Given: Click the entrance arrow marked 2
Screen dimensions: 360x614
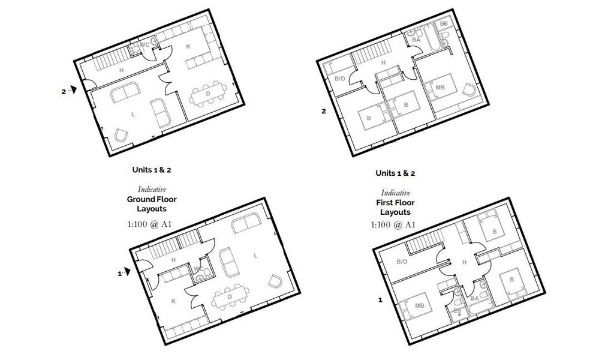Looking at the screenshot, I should pyautogui.click(x=73, y=90).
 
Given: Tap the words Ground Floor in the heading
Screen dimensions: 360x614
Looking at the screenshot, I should pyautogui.click(x=152, y=199).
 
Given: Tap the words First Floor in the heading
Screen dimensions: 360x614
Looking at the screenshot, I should pyautogui.click(x=395, y=203).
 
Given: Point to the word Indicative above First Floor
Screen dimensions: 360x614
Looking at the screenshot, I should pyautogui.click(x=395, y=193).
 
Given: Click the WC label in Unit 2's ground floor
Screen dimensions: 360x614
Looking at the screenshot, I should pyautogui.click(x=145, y=45).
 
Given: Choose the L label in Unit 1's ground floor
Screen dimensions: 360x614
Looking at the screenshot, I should pyautogui.click(x=256, y=256).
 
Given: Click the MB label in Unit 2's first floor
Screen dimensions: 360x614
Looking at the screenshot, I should pyautogui.click(x=440, y=88).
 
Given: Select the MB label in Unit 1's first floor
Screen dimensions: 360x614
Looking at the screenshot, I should pyautogui.click(x=420, y=304).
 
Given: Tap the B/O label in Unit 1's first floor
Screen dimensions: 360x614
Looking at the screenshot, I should pyautogui.click(x=402, y=262).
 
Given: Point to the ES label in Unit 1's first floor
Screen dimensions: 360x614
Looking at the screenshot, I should pyautogui.click(x=457, y=311).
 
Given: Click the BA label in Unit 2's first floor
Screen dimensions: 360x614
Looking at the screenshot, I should pyautogui.click(x=416, y=40).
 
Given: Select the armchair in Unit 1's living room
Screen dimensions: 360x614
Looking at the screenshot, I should pyautogui.click(x=275, y=281).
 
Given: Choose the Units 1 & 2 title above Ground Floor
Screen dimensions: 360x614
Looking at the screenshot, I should pyautogui.click(x=152, y=170).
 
